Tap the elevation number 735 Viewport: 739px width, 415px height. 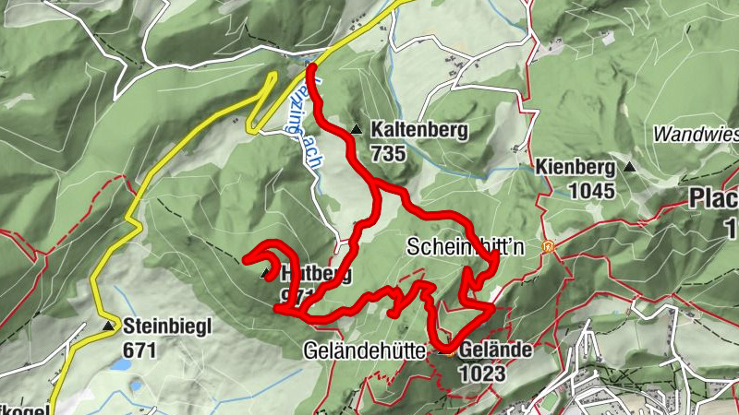[x=388, y=153]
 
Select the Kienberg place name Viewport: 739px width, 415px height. [x=575, y=168]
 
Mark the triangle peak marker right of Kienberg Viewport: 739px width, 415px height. [x=629, y=167]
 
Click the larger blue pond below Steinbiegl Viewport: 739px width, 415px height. [x=120, y=365]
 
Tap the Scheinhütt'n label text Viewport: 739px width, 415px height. [x=466, y=247]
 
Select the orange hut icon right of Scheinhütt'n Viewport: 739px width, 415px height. [x=548, y=247]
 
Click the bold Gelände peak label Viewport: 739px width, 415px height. [x=495, y=350]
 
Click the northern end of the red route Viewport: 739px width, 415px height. [x=311, y=66]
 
